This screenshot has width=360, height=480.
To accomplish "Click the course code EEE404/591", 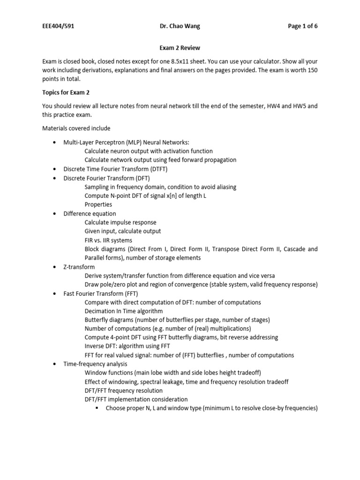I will [58, 26].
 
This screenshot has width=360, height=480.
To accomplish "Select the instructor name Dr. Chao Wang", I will [180, 26].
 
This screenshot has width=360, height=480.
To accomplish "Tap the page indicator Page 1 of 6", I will [302, 26].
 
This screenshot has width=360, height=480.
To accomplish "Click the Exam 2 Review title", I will [180, 48].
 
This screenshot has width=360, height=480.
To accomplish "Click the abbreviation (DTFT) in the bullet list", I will [157, 169].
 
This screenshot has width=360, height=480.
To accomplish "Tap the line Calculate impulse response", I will [120, 222].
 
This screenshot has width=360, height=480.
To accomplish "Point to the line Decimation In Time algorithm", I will [124, 311].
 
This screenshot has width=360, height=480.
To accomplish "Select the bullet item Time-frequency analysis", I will [95, 364].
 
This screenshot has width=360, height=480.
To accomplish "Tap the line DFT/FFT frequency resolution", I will [124, 390].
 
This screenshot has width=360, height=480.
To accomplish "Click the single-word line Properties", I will [98, 204].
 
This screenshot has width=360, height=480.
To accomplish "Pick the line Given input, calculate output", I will [123, 231].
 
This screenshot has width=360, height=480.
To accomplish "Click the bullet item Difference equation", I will [90, 213].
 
